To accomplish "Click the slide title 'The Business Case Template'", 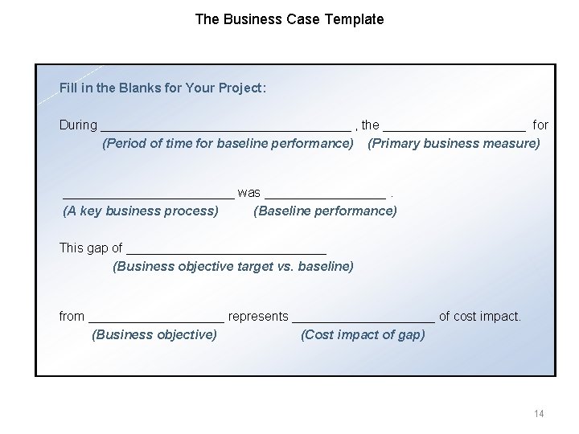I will click(x=289, y=18).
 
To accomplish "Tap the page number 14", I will click(x=538, y=413).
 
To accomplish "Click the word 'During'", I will click(x=78, y=125).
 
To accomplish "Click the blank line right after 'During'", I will click(x=225, y=128).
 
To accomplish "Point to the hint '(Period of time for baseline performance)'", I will click(x=228, y=144).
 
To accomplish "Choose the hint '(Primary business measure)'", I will click(x=454, y=144).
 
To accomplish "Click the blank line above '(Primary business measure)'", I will click(x=455, y=128).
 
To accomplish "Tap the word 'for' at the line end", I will click(x=540, y=125).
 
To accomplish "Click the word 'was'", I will click(x=249, y=193).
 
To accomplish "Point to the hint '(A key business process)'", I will click(x=141, y=211).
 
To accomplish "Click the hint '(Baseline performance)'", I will click(x=325, y=211).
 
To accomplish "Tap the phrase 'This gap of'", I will click(x=91, y=248).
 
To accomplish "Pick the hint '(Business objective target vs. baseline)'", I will click(x=233, y=266).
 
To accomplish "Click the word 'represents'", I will click(x=258, y=317).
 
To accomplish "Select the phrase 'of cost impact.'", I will click(x=480, y=317).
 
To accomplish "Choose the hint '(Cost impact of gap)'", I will click(x=363, y=334).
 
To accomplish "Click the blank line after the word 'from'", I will click(x=156, y=319).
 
